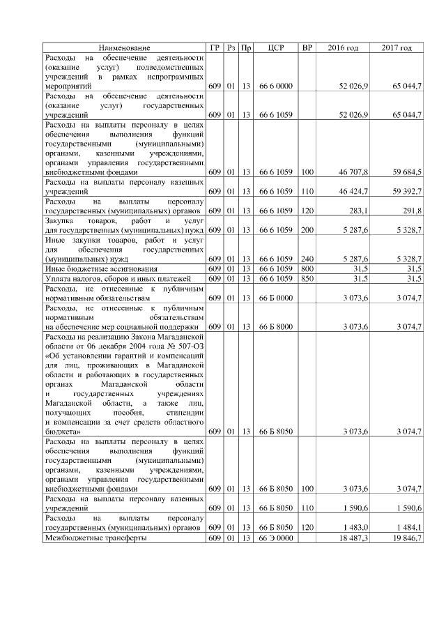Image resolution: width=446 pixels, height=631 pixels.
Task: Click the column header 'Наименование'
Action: click(124, 47)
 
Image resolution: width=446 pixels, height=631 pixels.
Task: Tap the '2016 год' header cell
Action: click(343, 47)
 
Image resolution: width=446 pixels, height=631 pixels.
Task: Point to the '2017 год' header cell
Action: click(397, 47)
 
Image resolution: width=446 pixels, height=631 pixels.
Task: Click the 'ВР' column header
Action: click(307, 47)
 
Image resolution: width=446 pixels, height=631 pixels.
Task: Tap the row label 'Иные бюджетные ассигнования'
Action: click(100, 268)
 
